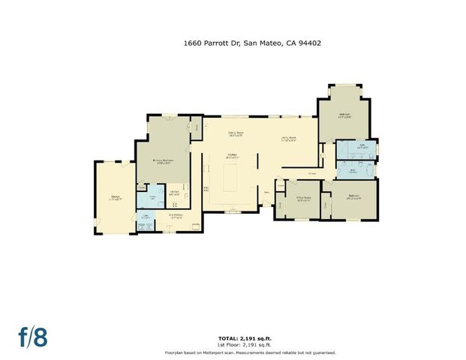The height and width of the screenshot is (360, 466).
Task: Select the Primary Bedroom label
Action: click(x=163, y=160)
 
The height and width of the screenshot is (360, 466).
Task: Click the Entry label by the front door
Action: click(x=266, y=191)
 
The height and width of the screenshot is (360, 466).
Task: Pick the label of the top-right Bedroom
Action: click(x=344, y=115)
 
